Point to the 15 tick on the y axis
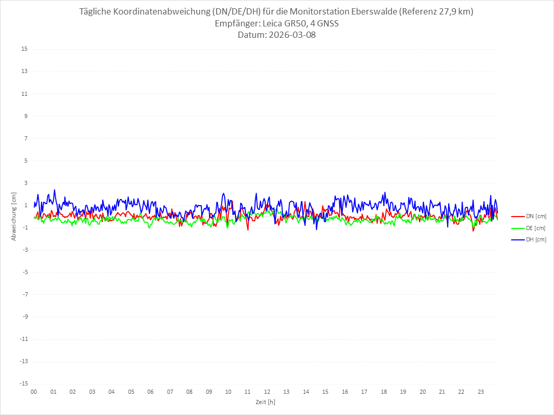(x=24, y=49)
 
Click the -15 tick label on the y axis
(x=23, y=383)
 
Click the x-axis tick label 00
(x=34, y=392)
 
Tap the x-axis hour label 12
(x=267, y=392)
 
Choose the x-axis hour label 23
(x=481, y=392)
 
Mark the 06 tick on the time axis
(x=150, y=392)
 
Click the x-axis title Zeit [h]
(x=265, y=402)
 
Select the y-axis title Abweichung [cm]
(x=14, y=216)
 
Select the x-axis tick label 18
(x=384, y=392)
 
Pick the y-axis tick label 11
(x=24, y=94)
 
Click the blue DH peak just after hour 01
(x=54, y=190)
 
